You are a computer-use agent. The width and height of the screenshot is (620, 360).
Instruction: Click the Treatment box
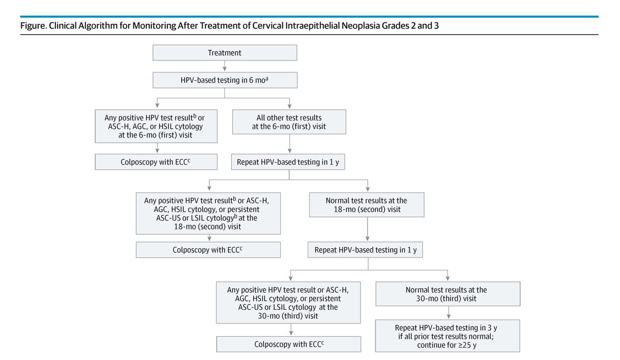224,53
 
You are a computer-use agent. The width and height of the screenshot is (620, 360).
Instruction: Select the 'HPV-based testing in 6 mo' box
224,80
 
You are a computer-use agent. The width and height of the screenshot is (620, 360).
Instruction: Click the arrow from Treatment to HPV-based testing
224,66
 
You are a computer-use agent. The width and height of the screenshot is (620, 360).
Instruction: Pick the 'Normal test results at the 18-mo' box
366,205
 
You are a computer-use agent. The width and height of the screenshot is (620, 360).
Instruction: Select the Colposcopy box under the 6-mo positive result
156,162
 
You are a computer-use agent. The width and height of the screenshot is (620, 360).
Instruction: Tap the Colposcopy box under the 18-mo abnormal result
208,250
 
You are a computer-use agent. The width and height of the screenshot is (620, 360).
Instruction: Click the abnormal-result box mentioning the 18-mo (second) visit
208,213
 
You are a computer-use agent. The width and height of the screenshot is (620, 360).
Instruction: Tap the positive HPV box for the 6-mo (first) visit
156,126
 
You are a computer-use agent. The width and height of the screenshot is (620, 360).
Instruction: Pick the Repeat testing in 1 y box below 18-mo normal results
366,250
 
